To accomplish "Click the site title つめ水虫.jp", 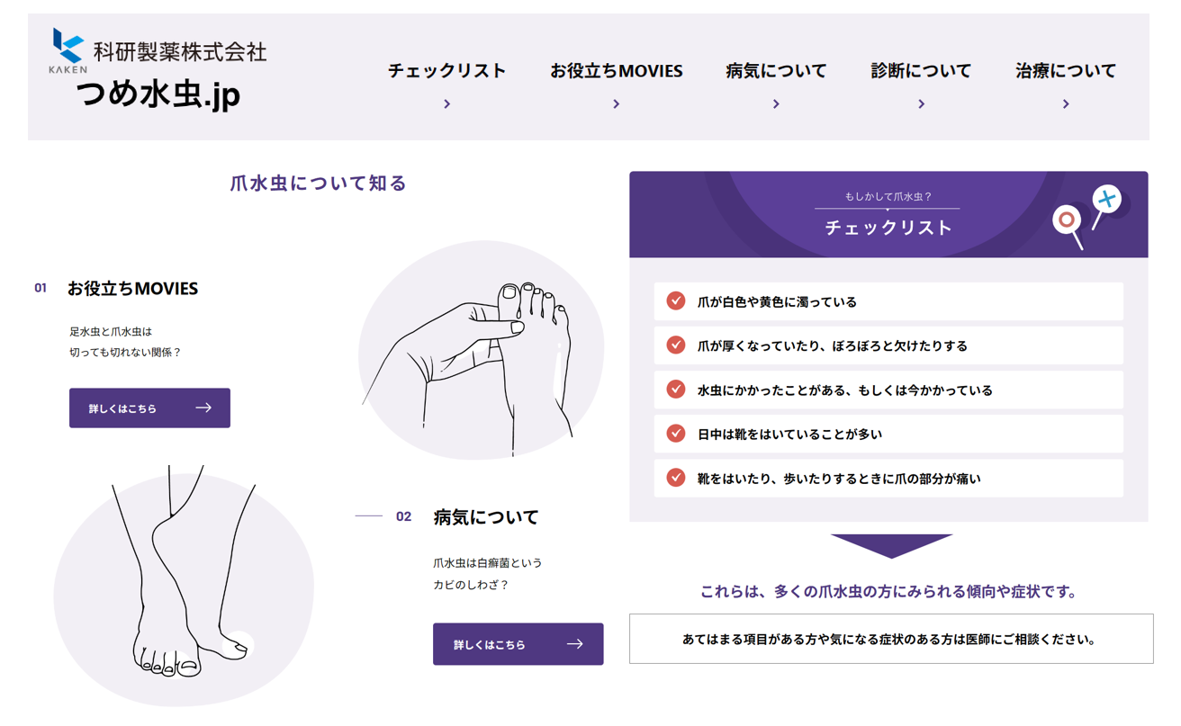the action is pyautogui.click(x=158, y=94).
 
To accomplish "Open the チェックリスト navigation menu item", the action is pyautogui.click(x=447, y=70).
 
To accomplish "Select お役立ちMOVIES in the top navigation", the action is pyautogui.click(x=617, y=70).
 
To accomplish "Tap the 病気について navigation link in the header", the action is pyautogui.click(x=776, y=70).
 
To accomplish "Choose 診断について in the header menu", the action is pyautogui.click(x=921, y=70).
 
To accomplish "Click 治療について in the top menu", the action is pyautogui.click(x=1066, y=70).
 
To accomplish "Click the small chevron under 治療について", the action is pyautogui.click(x=1066, y=103).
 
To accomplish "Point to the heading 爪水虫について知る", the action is pyautogui.click(x=318, y=184).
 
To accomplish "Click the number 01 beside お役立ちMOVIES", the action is pyautogui.click(x=41, y=288).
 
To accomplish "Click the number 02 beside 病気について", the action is pyautogui.click(x=403, y=516).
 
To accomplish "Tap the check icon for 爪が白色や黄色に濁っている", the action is pyautogui.click(x=675, y=300).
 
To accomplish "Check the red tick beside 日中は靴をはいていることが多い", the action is pyautogui.click(x=675, y=434).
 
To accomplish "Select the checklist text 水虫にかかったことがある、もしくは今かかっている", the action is pyautogui.click(x=844, y=390).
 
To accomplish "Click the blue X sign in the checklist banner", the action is pyautogui.click(x=1106, y=199).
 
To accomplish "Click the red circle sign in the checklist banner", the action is pyautogui.click(x=1067, y=220).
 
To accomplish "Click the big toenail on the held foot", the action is pyautogui.click(x=509, y=291).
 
